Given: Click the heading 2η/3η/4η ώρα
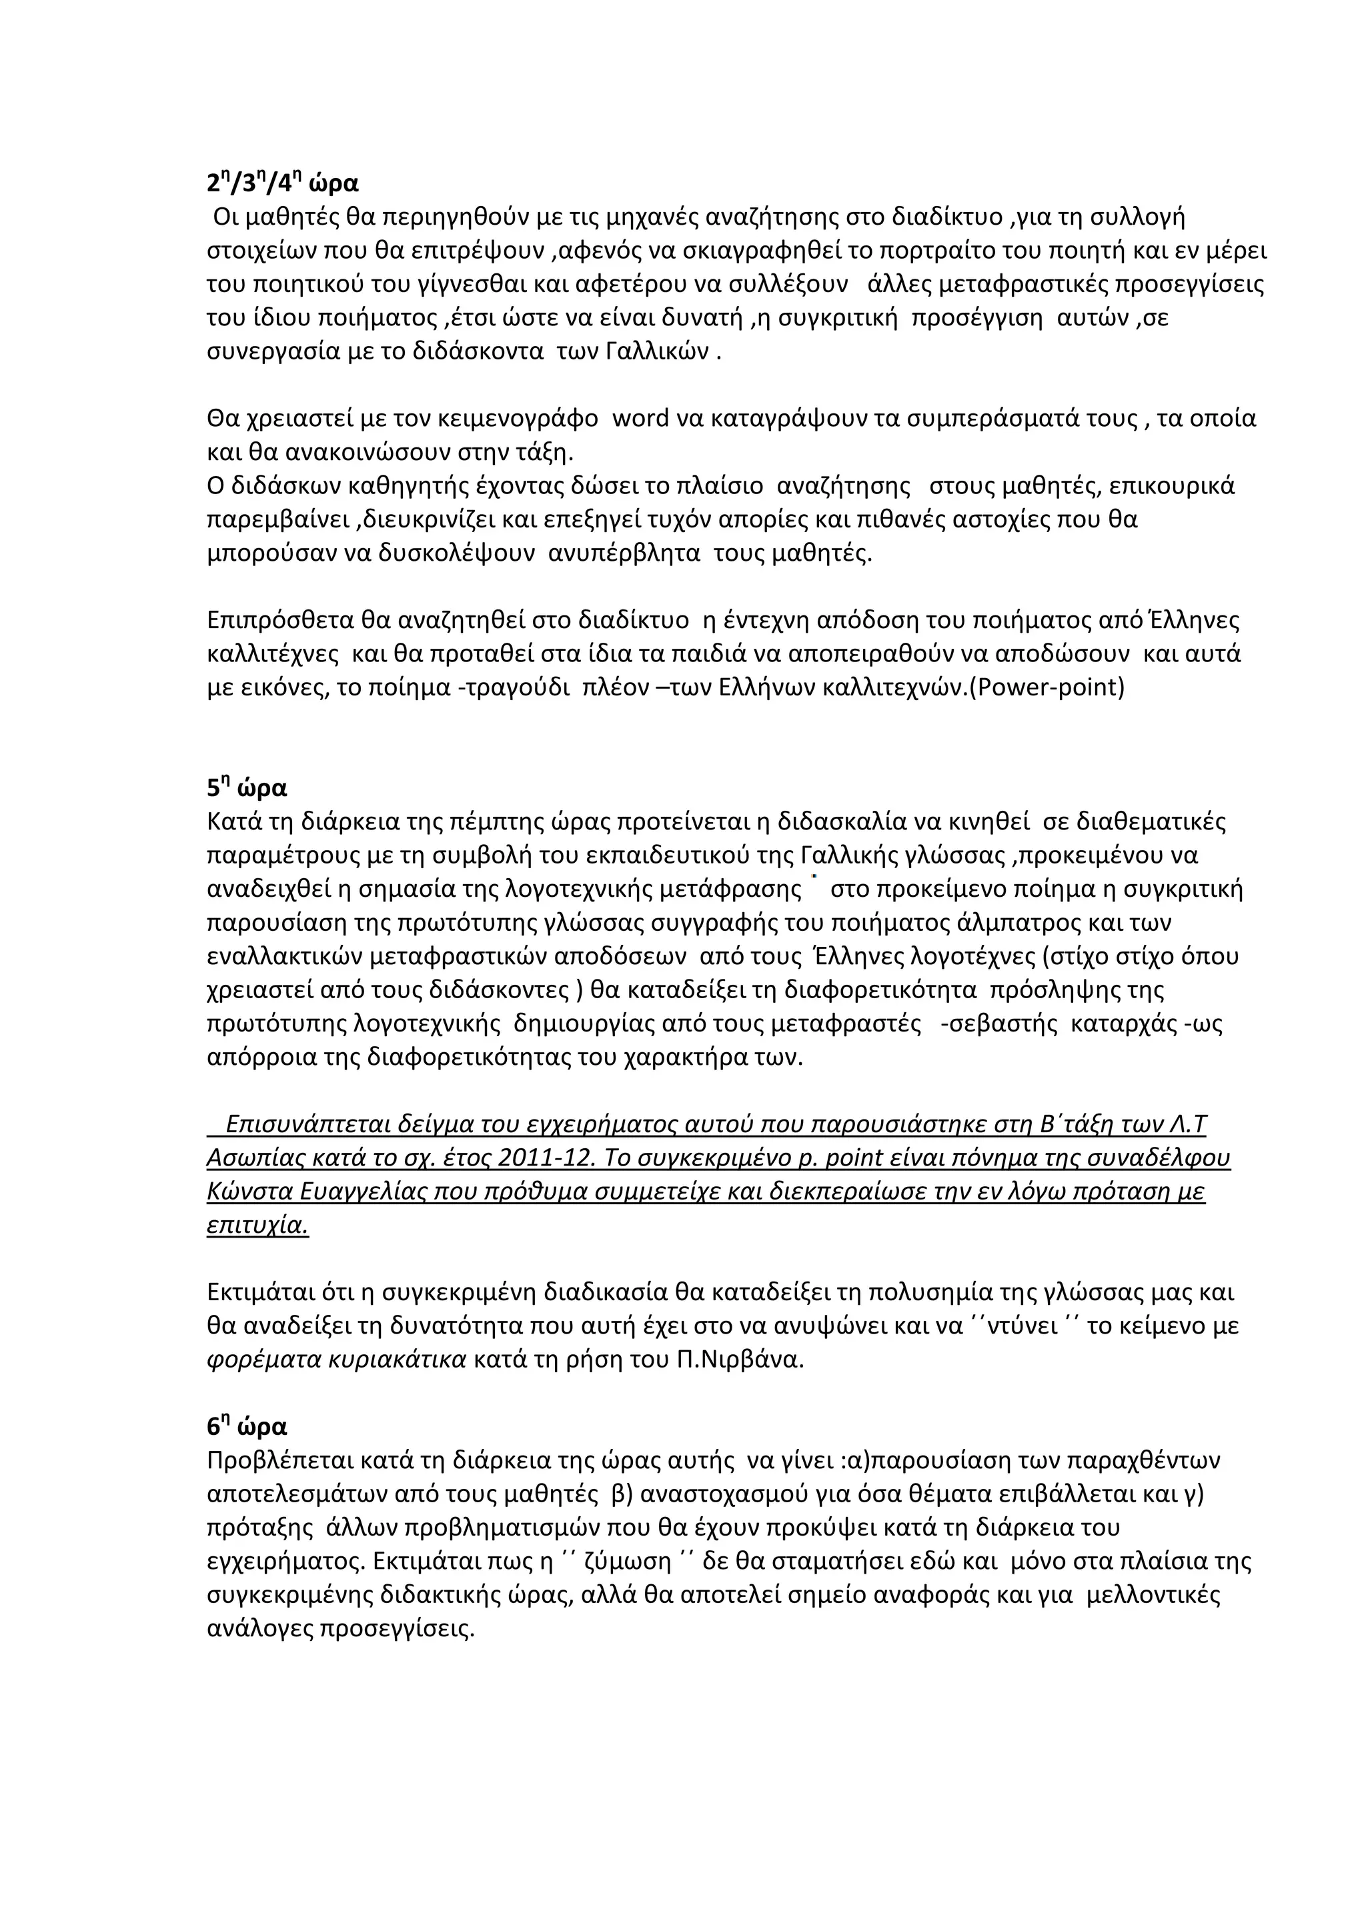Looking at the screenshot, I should (x=283, y=183).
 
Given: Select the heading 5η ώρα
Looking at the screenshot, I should (x=247, y=788).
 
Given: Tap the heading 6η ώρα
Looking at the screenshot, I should (x=247, y=1426).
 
